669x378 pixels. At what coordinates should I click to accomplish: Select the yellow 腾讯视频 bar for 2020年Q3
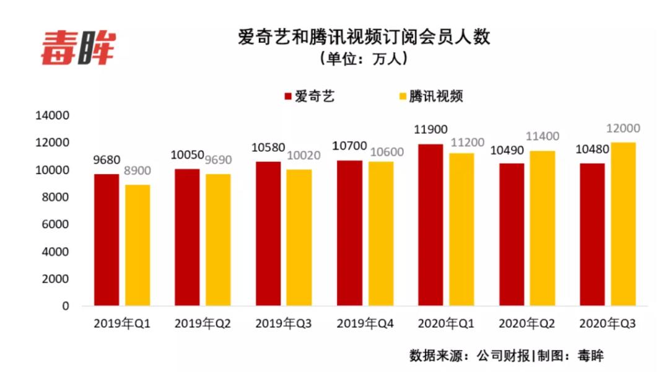[623, 224]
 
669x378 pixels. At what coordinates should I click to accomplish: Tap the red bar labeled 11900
[430, 224]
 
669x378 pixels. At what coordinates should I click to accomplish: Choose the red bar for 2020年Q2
[511, 234]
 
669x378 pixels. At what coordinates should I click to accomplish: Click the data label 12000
[623, 129]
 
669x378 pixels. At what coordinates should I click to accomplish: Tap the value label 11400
[542, 136]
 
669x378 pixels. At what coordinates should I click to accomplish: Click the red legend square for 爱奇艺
[288, 97]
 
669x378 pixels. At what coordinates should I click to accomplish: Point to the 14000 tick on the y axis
[53, 115]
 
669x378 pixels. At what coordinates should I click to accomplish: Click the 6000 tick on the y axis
[56, 224]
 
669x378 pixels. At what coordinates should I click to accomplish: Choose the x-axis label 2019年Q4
[365, 324]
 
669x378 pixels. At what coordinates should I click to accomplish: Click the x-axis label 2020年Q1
[446, 324]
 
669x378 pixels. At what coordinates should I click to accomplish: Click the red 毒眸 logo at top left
[78, 47]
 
